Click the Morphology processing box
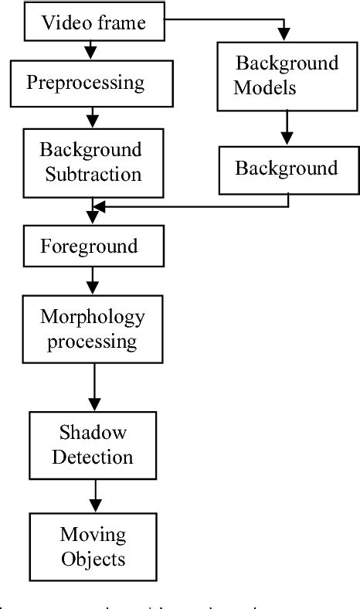point(93,328)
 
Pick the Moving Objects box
point(93,544)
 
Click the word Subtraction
point(92,173)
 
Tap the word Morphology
point(93,317)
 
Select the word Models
point(266,87)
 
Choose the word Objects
point(93,556)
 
